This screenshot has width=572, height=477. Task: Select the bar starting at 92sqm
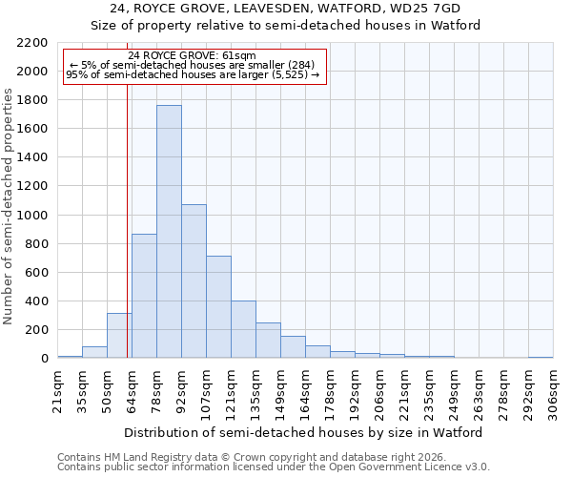[194, 281]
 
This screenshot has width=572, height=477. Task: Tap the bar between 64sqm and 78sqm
[144, 296]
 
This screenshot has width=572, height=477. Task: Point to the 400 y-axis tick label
[36, 301]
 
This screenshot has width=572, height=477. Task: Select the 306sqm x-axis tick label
[553, 391]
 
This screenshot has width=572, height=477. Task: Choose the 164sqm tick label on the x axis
[305, 391]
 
